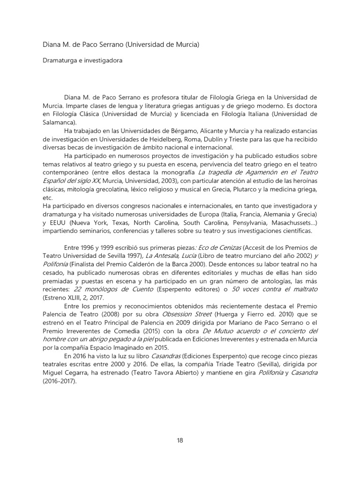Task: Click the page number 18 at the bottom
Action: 180,440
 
